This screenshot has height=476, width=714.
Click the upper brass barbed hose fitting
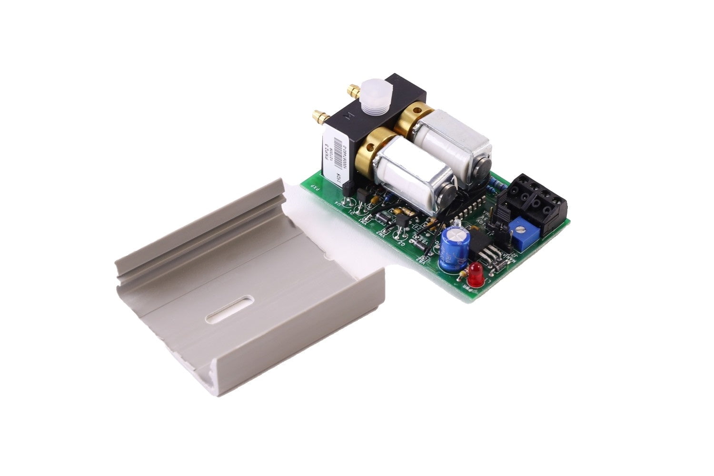click(x=353, y=89)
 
